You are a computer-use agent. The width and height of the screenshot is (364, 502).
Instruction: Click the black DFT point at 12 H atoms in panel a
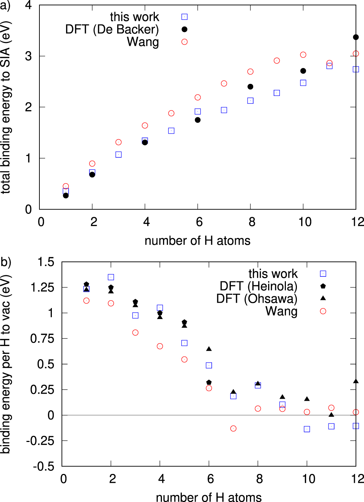(356, 37)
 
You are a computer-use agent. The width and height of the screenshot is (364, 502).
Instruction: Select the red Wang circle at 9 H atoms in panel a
(277, 61)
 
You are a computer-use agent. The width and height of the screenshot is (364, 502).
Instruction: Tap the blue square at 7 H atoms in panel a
(224, 110)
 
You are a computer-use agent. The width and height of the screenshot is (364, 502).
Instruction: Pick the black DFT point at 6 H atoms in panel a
(198, 120)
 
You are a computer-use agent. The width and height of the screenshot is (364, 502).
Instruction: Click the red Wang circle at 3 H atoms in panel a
(119, 142)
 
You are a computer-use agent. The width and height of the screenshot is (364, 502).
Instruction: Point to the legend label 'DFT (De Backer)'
(112, 29)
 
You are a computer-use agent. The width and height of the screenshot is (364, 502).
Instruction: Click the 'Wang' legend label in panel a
(143, 42)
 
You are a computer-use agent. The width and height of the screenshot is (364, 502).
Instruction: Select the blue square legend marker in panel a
(184, 17)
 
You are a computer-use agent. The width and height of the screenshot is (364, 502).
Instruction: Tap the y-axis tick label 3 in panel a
(28, 56)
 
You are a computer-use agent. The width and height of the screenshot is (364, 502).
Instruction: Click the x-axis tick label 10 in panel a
(305, 222)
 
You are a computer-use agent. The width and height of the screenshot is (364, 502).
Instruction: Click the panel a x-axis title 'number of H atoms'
(197, 241)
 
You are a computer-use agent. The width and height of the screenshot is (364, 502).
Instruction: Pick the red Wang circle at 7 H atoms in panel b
(233, 428)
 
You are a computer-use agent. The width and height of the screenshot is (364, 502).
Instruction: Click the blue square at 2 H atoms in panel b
(111, 277)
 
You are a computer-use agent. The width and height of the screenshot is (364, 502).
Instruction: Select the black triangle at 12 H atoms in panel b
(356, 381)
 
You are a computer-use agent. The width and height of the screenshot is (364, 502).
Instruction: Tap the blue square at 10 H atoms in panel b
(307, 429)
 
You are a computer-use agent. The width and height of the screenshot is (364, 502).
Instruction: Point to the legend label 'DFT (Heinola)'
(258, 286)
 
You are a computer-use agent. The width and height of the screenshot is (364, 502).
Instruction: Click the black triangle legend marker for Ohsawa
(323, 298)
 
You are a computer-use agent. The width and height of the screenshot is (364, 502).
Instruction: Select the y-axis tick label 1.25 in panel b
(42, 287)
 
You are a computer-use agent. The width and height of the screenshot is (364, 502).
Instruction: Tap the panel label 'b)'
(6, 262)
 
